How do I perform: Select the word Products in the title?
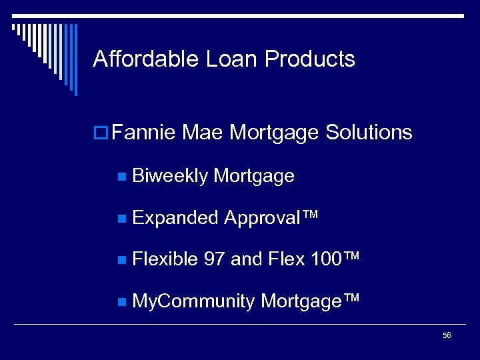pos(310,59)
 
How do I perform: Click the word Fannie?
pos(143,133)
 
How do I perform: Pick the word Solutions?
pos(369,133)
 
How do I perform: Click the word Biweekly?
pos(169,176)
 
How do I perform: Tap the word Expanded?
pos(175,218)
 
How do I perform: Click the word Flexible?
pos(165,259)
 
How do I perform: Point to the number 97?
pos(214,259)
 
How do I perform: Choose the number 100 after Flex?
pos(326,259)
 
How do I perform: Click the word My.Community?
pos(193,301)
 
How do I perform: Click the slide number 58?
pos(447,335)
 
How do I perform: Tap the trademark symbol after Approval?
pos(311,215)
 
